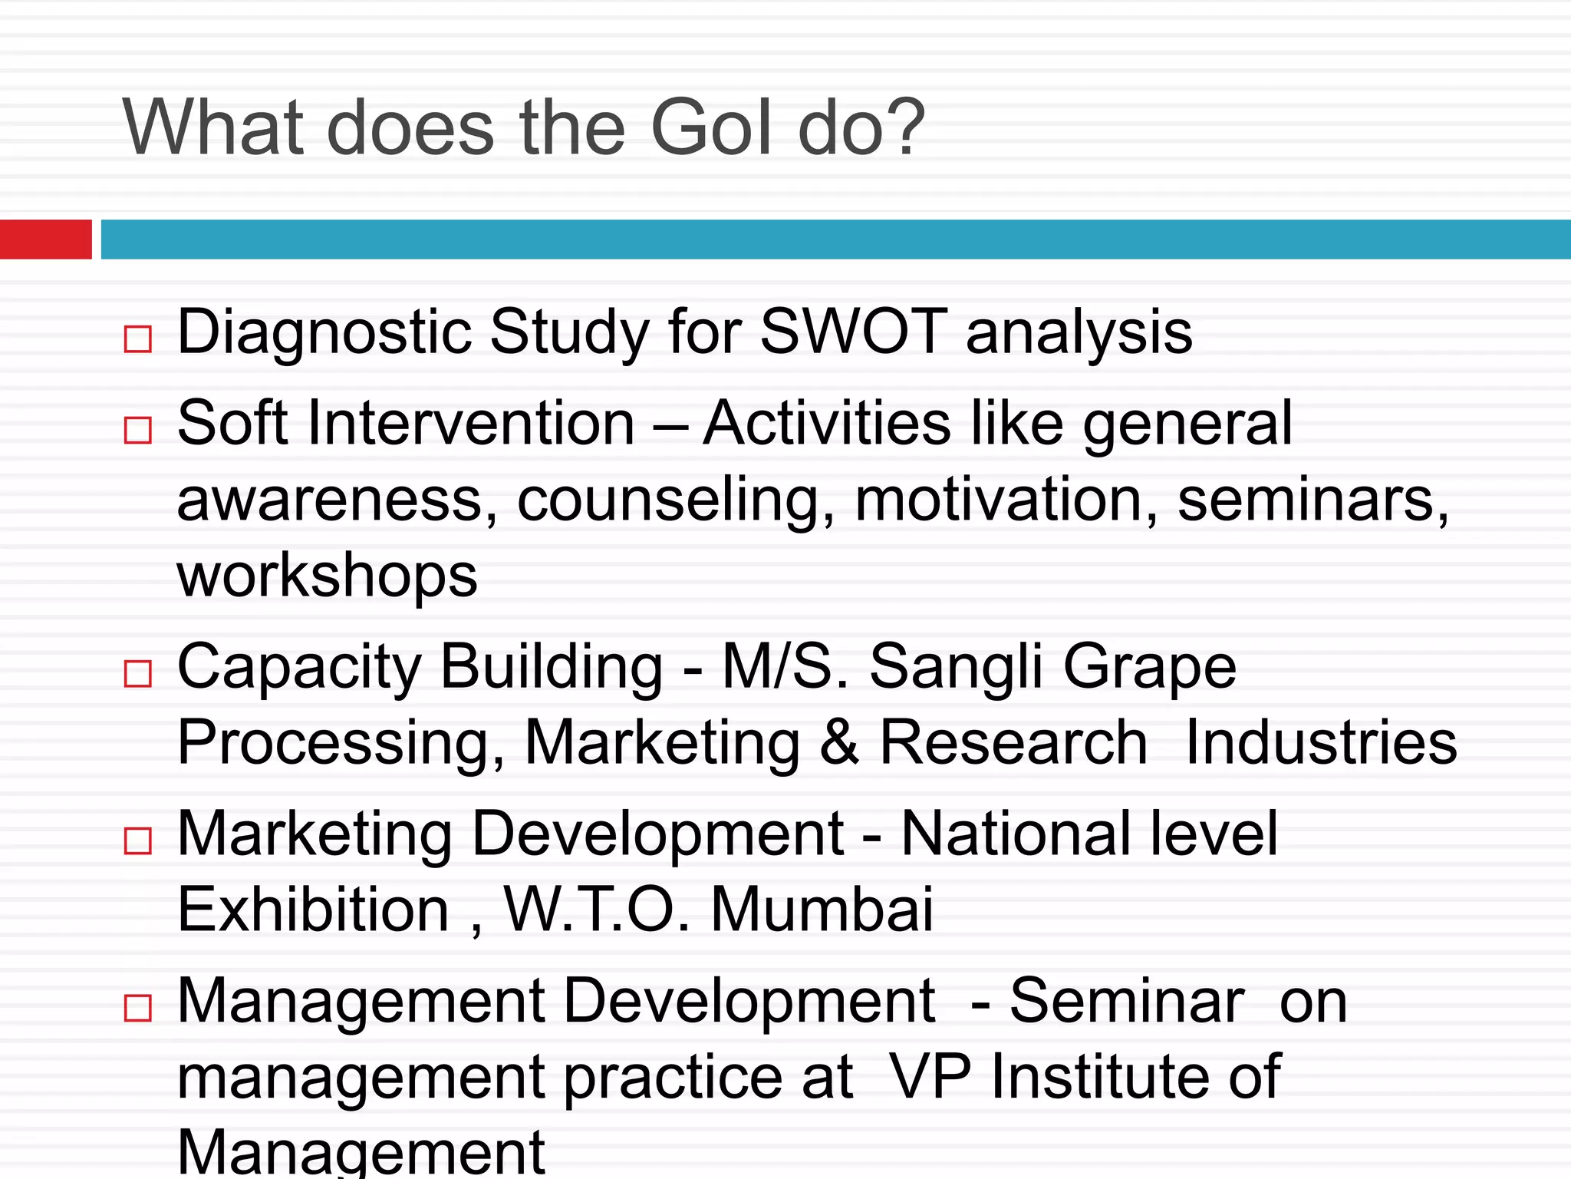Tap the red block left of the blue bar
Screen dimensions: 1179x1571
click(45, 239)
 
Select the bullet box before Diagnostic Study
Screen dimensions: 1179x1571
click(138, 339)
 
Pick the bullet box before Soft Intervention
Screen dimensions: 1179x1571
click(138, 430)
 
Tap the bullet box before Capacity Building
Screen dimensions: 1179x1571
click(138, 673)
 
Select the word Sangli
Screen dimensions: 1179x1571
click(956, 666)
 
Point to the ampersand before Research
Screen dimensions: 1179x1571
click(839, 742)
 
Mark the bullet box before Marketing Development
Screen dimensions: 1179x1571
click(138, 840)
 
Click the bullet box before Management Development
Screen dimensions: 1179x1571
click(138, 1008)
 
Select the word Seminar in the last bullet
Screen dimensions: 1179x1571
click(1126, 1001)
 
